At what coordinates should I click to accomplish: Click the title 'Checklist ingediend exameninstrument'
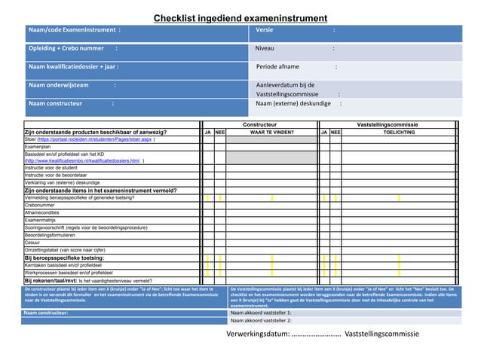point(240,19)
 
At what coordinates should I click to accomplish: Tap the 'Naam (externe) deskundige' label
point(294,104)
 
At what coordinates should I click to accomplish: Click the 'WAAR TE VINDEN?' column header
point(271,131)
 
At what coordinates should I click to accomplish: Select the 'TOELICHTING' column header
point(399,131)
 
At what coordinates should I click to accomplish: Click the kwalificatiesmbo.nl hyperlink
point(83,160)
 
